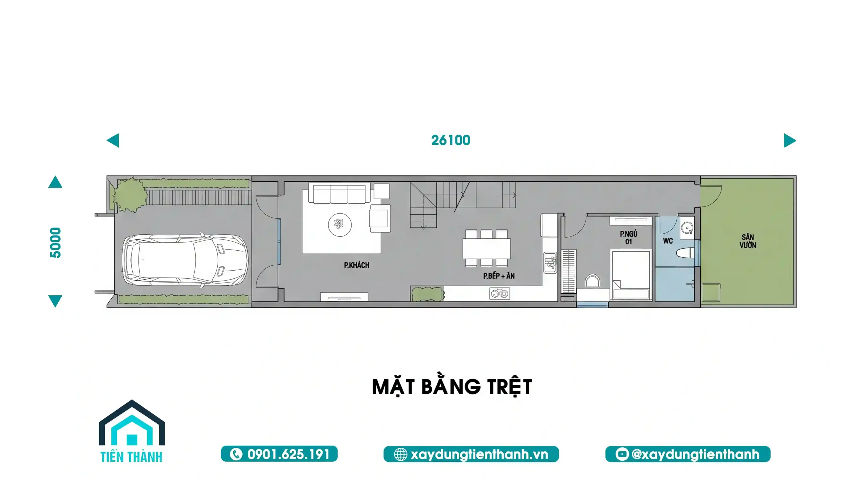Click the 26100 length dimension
coord(450,140)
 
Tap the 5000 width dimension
coord(55,243)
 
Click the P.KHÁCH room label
coord(357,265)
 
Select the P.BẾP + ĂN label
coord(499,276)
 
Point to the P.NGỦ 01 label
coord(628,238)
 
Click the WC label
coord(668,241)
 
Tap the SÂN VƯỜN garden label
coord(748,241)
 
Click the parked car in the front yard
coord(185,260)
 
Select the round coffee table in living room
coord(340,225)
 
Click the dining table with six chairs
coord(486,248)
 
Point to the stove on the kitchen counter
coord(499,294)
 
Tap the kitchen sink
coord(550,262)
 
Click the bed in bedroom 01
coord(631,275)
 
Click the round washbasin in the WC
coord(687,228)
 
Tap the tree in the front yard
coord(129,195)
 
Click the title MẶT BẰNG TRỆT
coord(452,387)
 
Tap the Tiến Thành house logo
coord(132,431)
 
